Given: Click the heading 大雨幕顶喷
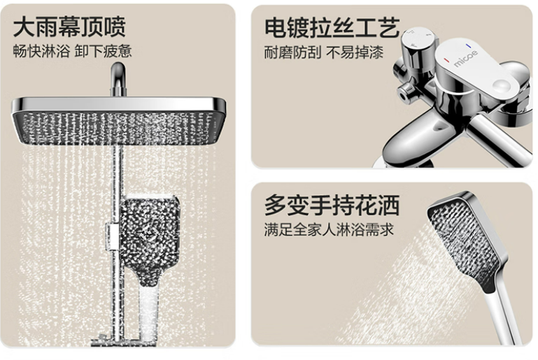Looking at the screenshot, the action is point(69,27).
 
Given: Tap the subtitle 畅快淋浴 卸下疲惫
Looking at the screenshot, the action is point(72,51).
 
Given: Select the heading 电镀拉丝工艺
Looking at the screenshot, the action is point(332,27).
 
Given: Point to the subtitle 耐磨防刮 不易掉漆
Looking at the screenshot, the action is point(323,52).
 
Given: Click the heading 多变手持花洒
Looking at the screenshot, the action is point(332,205).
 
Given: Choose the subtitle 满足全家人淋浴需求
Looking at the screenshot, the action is point(329,229).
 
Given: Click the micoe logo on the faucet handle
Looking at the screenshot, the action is point(466,58).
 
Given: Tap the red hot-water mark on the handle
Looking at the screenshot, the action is point(446,60).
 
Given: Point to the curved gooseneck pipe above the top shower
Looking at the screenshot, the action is point(118,79).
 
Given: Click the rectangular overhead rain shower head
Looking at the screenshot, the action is point(119,121).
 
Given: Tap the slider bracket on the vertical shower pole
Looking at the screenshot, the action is point(111,236).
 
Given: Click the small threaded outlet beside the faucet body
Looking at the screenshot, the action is point(407,91).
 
